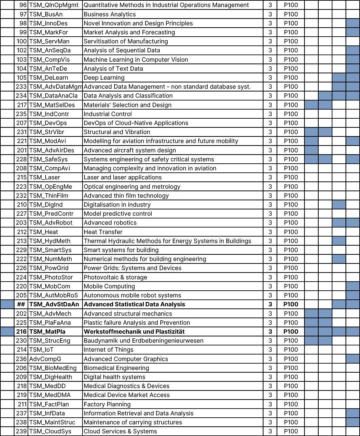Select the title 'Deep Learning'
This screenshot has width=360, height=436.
coord(104,78)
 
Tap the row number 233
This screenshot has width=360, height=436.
coord(21,87)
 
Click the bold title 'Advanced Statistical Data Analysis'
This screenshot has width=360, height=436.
coord(134,304)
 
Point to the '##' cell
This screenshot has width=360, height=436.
coord(21,304)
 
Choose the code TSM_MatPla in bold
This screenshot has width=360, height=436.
coord(47,332)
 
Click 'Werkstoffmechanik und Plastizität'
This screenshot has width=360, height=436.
coord(134,332)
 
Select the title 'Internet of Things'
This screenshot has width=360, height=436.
coord(108,350)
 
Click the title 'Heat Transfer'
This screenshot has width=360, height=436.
coord(103,232)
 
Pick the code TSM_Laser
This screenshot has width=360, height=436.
coord(45,177)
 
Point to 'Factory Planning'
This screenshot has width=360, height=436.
coord(107,404)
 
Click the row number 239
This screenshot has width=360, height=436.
coord(21,431)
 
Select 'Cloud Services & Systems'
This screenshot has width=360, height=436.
coord(120,431)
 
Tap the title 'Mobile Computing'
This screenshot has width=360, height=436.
coord(109,286)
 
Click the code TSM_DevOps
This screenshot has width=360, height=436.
coord(48,123)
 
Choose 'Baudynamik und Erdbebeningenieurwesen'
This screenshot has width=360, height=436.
coord(143,341)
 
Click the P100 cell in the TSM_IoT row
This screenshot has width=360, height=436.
coord(291,350)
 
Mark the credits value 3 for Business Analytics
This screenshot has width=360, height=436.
coord(270,14)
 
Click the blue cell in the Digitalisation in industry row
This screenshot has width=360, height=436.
coord(339,205)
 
